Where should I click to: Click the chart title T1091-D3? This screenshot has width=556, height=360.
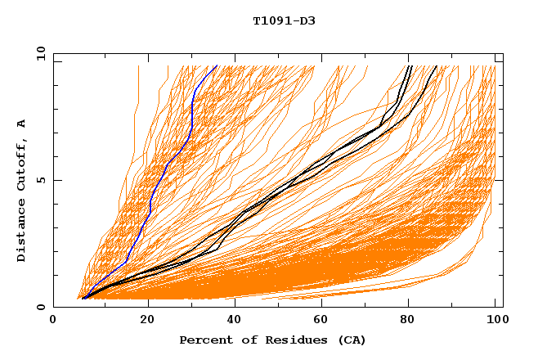click(284, 20)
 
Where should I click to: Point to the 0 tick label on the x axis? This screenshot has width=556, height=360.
click(53, 322)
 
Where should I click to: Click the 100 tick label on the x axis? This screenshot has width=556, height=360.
click(495, 322)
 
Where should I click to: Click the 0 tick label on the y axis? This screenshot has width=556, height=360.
click(40, 308)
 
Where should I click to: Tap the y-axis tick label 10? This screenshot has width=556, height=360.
click(38, 53)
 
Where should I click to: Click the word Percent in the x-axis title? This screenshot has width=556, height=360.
click(204, 340)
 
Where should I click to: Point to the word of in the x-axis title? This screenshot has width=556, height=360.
click(244, 340)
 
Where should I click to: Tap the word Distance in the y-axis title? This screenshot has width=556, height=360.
click(21, 233)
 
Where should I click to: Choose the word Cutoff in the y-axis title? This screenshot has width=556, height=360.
click(21, 166)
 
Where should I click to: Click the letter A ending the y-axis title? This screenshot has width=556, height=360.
click(21, 124)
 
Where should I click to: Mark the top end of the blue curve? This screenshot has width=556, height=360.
click(217, 66)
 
